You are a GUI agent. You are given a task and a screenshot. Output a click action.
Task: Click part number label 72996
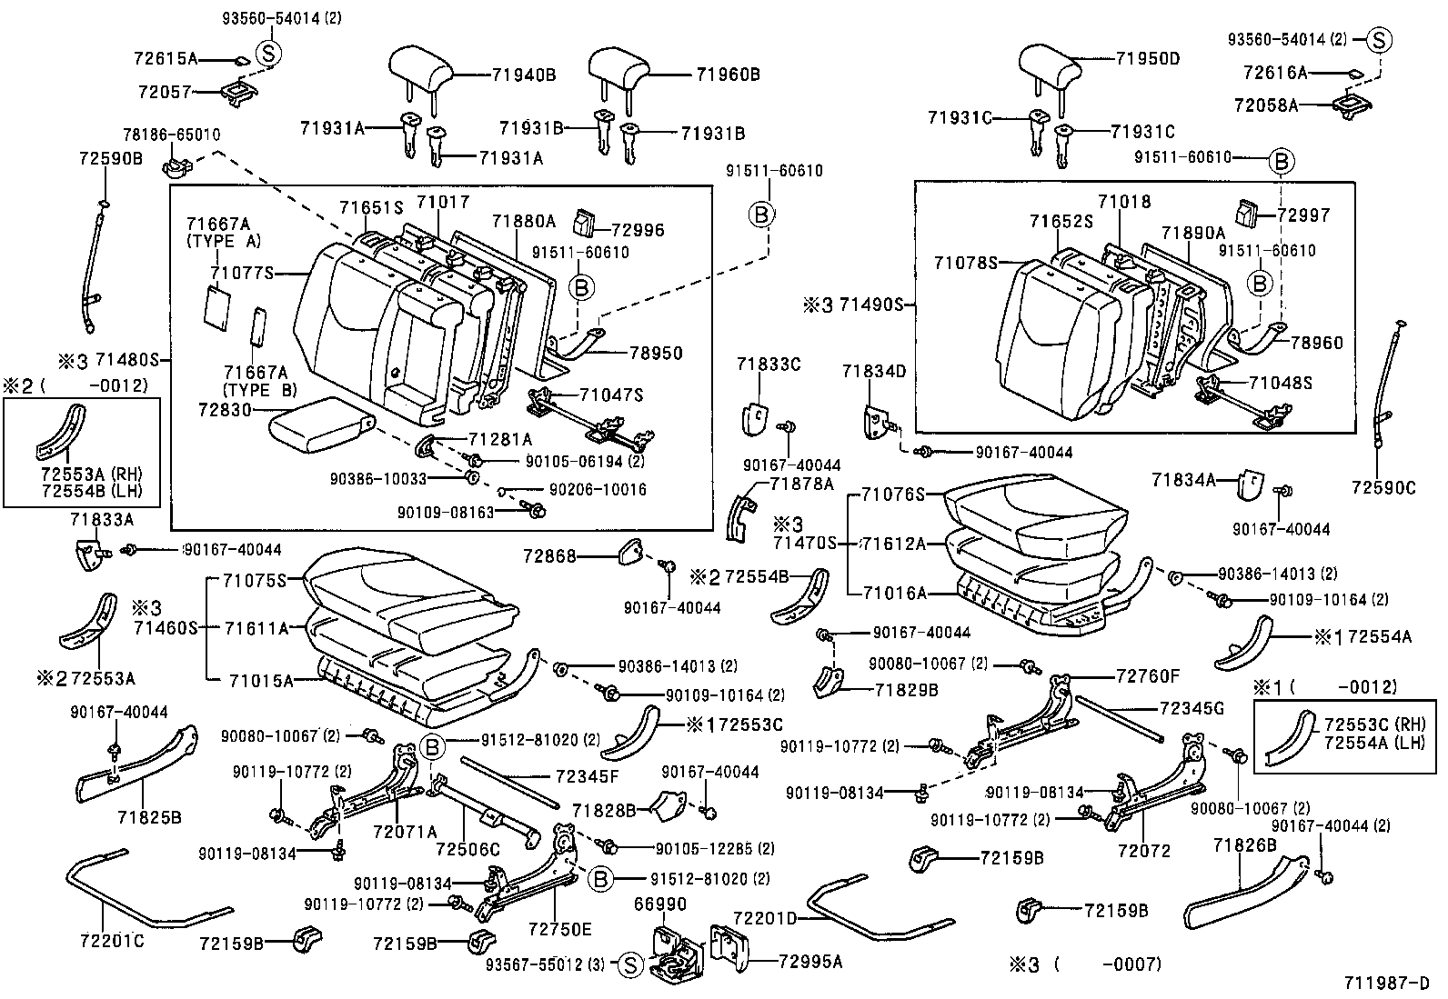638,230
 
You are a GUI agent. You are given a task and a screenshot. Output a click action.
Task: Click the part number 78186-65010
172,135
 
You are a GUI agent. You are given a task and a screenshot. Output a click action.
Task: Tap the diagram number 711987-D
1386,983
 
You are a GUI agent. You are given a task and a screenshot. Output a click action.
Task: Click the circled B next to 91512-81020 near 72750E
601,879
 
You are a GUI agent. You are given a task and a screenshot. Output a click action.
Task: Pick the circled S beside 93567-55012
630,965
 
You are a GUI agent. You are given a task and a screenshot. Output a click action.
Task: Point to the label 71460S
166,627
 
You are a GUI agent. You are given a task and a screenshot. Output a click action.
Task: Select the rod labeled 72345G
1118,717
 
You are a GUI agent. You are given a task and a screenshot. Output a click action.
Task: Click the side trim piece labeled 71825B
136,764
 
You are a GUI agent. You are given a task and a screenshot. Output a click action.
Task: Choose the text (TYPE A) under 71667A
224,241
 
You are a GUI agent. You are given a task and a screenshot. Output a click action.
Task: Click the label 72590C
1383,487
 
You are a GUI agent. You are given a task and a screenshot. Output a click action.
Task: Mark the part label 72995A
810,962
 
